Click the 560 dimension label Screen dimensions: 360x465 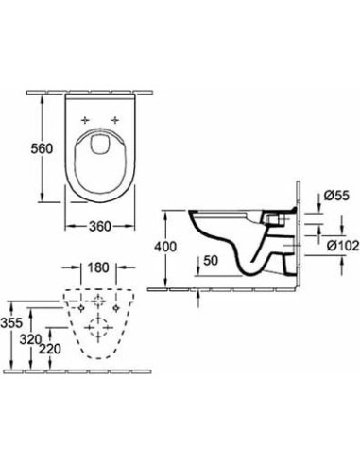42,148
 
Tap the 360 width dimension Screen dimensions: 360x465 100,226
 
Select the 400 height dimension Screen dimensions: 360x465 165,247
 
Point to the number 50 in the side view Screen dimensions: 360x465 211,261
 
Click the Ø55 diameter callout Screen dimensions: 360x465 336,196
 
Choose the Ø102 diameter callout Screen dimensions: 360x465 343,246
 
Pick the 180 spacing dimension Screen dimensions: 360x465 98,267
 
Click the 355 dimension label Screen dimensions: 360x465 11,323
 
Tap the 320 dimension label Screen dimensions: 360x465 30,339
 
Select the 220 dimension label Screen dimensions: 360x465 50,349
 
